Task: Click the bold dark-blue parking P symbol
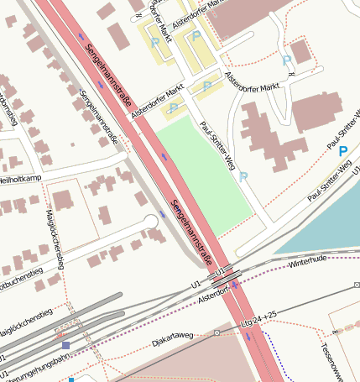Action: coord(342,151)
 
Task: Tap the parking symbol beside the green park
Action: coord(243,177)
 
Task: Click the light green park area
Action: coord(201,172)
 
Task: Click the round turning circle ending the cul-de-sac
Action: coord(151,222)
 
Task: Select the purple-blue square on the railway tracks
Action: coord(65,345)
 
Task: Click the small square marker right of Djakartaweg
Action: coord(217,332)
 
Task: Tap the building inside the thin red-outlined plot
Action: coord(64,201)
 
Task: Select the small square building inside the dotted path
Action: coord(300,52)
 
